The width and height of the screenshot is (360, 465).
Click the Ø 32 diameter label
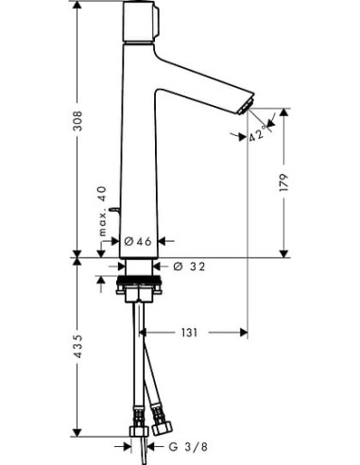(x=193, y=267)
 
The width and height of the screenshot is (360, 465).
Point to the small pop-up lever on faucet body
(x=112, y=206)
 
